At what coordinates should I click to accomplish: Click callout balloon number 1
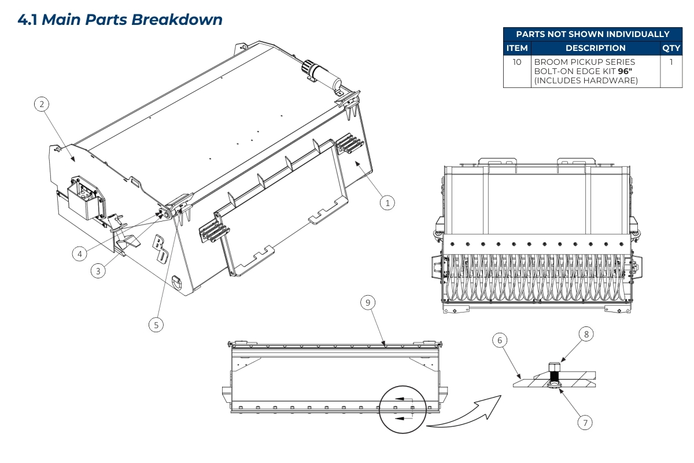click(x=388, y=203)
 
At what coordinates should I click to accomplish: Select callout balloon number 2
click(x=41, y=104)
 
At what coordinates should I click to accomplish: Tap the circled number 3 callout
click(x=99, y=270)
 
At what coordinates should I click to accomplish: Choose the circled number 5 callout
click(x=156, y=325)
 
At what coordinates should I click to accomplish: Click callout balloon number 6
click(x=499, y=341)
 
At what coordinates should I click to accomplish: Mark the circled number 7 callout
click(x=585, y=422)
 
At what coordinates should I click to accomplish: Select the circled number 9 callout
click(x=368, y=302)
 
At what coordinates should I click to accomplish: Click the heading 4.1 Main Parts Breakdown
click(x=120, y=19)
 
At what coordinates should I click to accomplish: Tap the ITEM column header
click(x=517, y=48)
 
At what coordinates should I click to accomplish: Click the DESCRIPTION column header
click(x=595, y=48)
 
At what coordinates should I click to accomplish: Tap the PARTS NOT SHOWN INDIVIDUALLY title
click(x=592, y=34)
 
